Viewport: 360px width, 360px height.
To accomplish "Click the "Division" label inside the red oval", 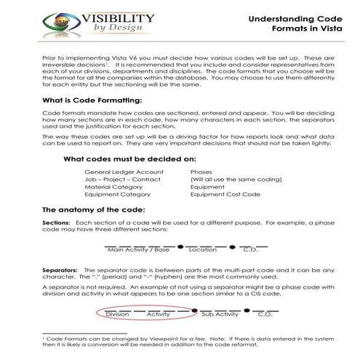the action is point(118,315).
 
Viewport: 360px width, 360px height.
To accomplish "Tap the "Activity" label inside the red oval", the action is point(159,315).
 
